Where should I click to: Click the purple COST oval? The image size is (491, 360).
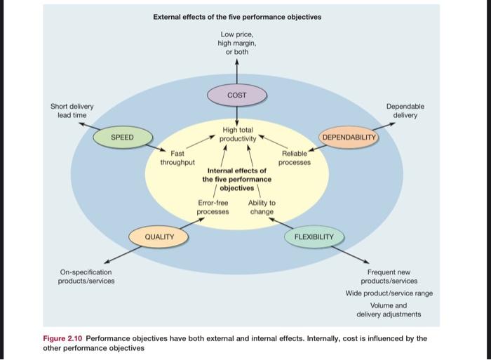pos(236,94)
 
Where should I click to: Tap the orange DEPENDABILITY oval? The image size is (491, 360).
pos(349,137)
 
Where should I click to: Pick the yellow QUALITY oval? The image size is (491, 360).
pos(159,236)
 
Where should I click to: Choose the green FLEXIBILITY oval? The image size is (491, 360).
pos(314,236)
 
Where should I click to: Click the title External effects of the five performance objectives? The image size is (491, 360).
pos(237,17)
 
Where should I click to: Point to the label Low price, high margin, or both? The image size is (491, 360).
pos(236,43)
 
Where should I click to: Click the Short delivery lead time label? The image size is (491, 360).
pos(72,110)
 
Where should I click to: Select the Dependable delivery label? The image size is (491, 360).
pos(405,110)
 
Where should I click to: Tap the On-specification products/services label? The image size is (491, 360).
pos(86,276)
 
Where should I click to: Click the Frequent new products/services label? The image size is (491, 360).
pos(389,276)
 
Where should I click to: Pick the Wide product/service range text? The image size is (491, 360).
pos(389,293)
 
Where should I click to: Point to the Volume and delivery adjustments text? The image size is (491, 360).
pos(389,309)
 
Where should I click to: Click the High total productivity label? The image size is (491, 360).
pos(236,135)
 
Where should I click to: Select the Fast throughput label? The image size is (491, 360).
pos(177,157)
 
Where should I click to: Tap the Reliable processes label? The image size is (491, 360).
pos(294,157)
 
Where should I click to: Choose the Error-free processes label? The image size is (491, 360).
pos(213,207)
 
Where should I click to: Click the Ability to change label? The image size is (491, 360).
pos(262,207)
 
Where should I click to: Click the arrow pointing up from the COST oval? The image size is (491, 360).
pos(236,70)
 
